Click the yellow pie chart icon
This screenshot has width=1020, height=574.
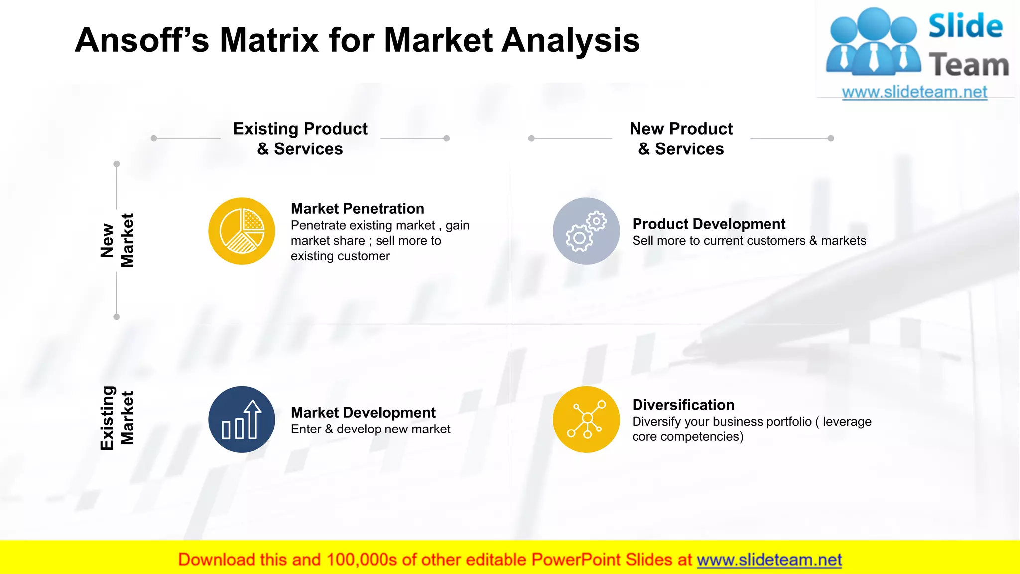coord(242,231)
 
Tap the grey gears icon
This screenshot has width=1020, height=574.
coord(586,231)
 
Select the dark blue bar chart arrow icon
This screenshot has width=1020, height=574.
coord(242,420)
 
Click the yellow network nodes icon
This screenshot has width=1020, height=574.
coord(586,420)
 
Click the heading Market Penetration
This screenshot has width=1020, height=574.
coord(357,209)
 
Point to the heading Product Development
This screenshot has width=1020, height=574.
coord(708,224)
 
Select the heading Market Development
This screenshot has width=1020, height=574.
coord(363,413)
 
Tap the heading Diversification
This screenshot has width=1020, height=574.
coord(683,405)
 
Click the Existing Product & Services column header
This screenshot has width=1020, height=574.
coord(300,139)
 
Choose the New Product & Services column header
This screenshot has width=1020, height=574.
coord(681,139)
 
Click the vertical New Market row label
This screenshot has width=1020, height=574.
coord(117,240)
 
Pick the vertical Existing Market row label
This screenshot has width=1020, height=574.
coord(117,418)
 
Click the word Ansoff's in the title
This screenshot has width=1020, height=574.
coord(141,40)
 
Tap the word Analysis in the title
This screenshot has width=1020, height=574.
coord(570,40)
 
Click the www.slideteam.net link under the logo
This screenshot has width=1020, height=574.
coord(914,92)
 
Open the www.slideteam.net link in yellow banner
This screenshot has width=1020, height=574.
coord(769,560)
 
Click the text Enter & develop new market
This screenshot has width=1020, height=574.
coord(370,429)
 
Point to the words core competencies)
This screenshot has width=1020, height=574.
coord(687,437)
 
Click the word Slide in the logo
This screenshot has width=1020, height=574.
coord(965,26)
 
